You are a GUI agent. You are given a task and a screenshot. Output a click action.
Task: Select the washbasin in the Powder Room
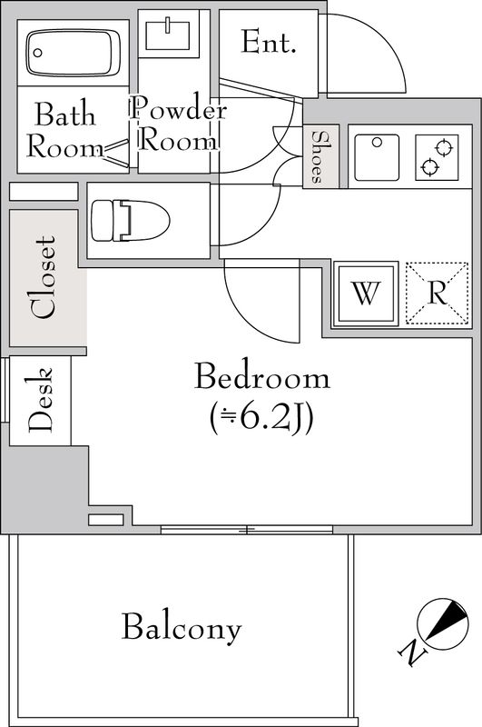tap(169, 35)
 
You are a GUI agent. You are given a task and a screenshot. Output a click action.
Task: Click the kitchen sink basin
tap(375, 155)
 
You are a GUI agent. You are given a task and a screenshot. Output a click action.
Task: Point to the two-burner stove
tap(438, 156)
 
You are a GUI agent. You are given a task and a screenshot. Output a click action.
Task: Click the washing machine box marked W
tap(365, 293)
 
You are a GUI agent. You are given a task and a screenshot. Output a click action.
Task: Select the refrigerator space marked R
tap(437, 293)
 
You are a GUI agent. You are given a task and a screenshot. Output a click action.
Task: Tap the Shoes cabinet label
tap(320, 156)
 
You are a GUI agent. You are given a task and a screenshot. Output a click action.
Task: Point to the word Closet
tap(44, 277)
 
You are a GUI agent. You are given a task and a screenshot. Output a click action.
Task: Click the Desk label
tap(40, 400)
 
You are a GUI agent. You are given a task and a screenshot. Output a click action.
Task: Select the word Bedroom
tap(261, 377)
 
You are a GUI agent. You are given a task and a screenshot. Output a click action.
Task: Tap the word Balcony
tap(182, 627)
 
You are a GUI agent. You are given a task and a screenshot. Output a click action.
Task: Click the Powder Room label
tap(177, 126)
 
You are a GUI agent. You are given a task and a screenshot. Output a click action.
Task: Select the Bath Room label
tap(64, 130)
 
